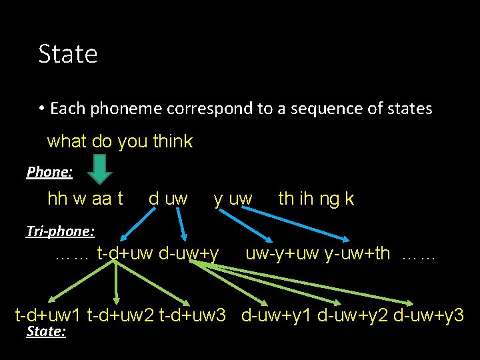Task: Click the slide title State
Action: tap(68, 54)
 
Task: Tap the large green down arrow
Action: tap(101, 169)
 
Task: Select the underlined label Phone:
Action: tap(49, 172)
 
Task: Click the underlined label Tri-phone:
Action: tap(60, 231)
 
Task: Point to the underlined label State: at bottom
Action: tap(45, 331)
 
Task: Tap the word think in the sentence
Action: tap(173, 141)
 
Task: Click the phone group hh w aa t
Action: tap(85, 199)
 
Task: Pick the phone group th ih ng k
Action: tap(316, 199)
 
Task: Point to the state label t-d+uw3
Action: tap(192, 315)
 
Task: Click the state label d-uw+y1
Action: tap(277, 315)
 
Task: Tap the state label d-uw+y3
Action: tap(429, 315)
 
